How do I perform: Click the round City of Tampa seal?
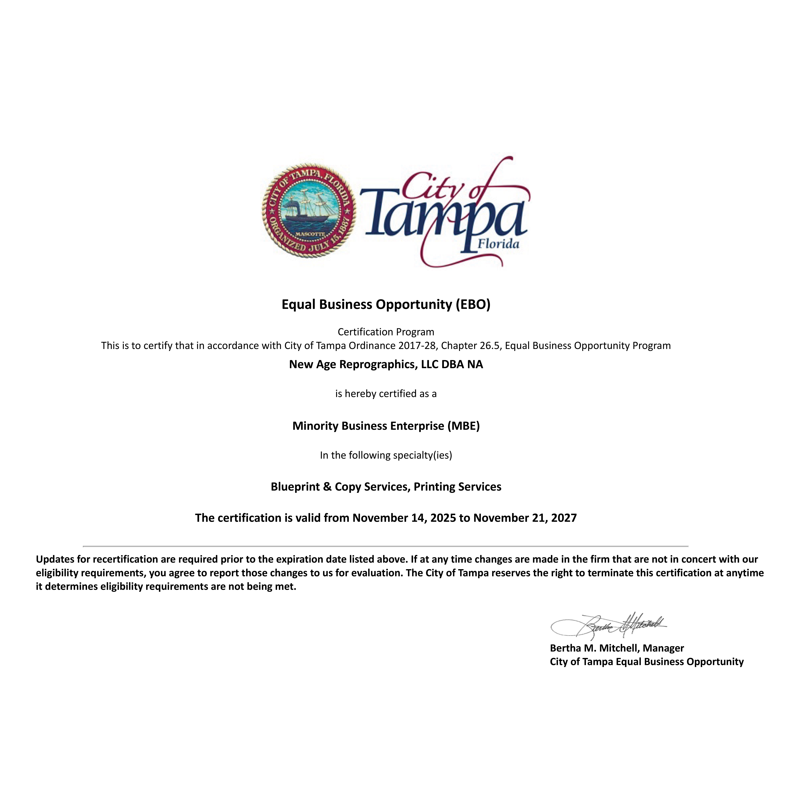point(309,210)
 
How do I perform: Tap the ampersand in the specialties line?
point(327,487)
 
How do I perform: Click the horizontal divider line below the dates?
point(386,546)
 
